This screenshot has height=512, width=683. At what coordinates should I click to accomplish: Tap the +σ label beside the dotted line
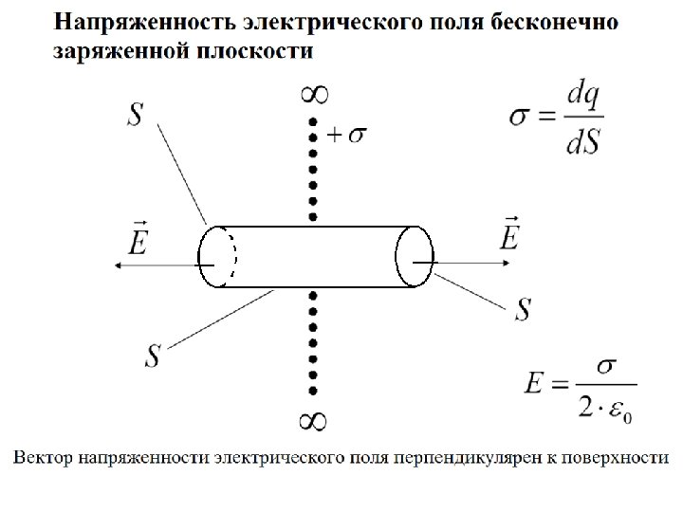click(x=346, y=135)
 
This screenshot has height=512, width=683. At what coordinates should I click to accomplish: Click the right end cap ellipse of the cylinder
click(x=415, y=256)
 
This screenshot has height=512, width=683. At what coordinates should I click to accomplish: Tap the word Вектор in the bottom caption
click(x=42, y=458)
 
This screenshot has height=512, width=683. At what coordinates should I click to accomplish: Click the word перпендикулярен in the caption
click(x=460, y=458)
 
